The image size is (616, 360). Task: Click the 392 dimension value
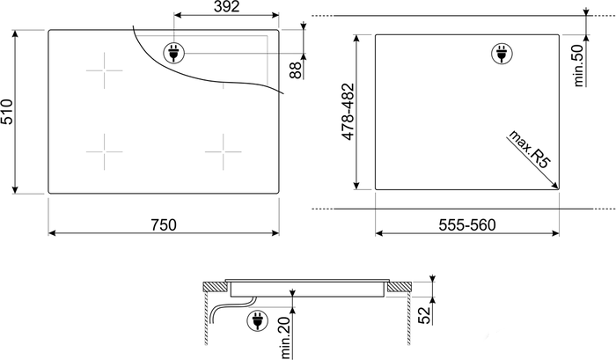(226, 6)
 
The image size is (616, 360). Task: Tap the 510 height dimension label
(7, 112)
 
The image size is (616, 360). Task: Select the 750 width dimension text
(164, 224)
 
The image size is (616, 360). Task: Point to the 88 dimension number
(297, 70)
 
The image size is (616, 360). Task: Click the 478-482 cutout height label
(348, 112)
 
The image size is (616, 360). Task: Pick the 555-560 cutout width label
(467, 224)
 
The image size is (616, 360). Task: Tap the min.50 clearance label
(578, 65)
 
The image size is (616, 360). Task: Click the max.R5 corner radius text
(530, 149)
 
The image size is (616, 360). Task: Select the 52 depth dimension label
(424, 316)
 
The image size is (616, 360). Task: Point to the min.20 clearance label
(286, 337)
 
